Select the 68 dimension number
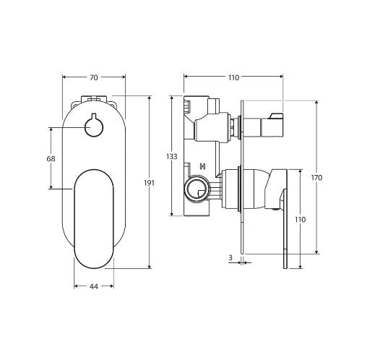pos(51,158)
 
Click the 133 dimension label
pos(171,157)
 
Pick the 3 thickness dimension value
pos(230,258)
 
